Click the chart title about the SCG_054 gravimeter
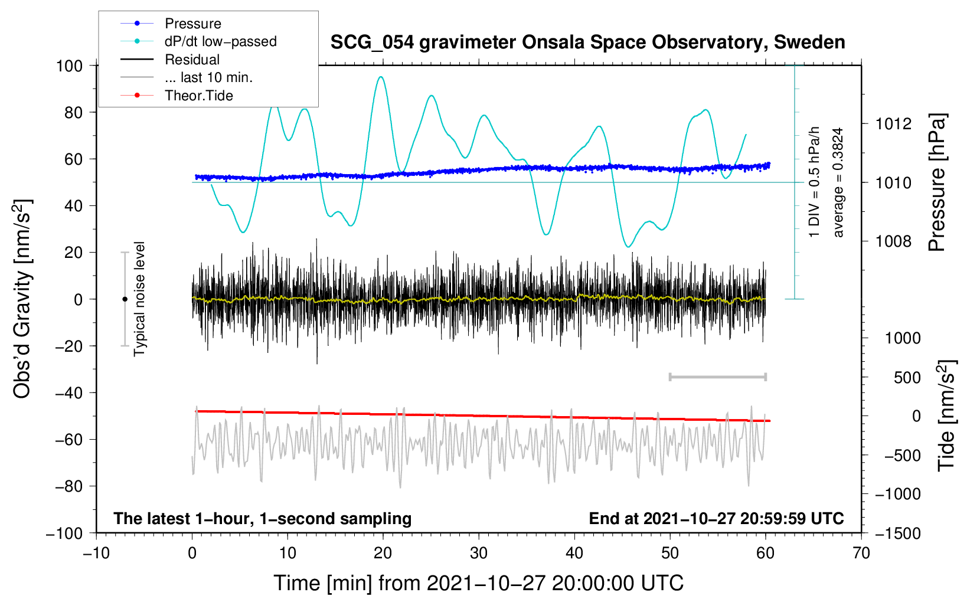click(587, 42)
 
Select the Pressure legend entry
click(192, 24)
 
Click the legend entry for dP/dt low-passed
click(220, 41)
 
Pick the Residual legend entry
click(192, 60)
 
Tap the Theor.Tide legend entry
click(198, 96)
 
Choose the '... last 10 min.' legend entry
click(208, 77)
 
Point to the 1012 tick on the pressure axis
click(893, 124)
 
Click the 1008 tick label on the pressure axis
click(893, 241)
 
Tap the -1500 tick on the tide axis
click(898, 533)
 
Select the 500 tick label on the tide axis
click(907, 377)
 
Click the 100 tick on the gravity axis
click(69, 66)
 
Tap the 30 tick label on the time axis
click(479, 553)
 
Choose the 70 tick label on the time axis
click(861, 553)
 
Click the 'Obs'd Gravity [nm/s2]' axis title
click(22, 299)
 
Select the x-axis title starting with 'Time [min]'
click(479, 583)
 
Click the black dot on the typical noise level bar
click(125, 299)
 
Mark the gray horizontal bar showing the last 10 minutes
click(717, 377)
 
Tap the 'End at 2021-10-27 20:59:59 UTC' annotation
click(716, 518)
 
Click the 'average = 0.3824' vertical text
click(838, 182)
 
